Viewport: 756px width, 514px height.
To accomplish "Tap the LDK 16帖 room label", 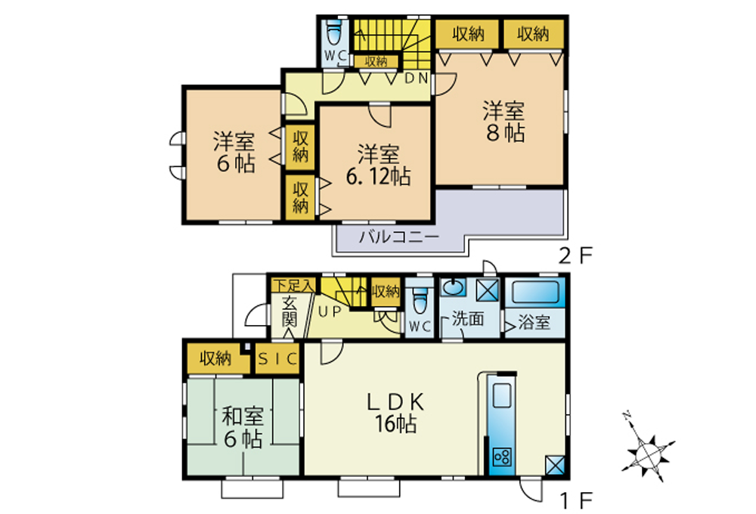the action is [x=396, y=413].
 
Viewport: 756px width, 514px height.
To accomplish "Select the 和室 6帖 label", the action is [x=243, y=428].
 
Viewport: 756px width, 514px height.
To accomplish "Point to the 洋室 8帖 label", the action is [x=503, y=122].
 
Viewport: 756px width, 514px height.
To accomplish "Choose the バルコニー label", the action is [x=399, y=237].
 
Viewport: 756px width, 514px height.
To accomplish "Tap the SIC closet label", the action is [x=277, y=359].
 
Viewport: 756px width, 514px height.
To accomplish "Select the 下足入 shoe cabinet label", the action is [x=293, y=286].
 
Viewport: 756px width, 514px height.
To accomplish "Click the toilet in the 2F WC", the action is [x=334, y=33].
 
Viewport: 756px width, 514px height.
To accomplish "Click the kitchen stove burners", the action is [x=502, y=456].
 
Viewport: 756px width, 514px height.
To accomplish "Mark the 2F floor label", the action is [x=575, y=255].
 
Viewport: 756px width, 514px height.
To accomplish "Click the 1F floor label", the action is [x=575, y=501].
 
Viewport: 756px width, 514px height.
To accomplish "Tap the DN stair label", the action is [x=416, y=78].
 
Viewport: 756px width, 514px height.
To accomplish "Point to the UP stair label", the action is [x=330, y=312].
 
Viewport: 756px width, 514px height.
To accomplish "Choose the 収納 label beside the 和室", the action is [x=215, y=359].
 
